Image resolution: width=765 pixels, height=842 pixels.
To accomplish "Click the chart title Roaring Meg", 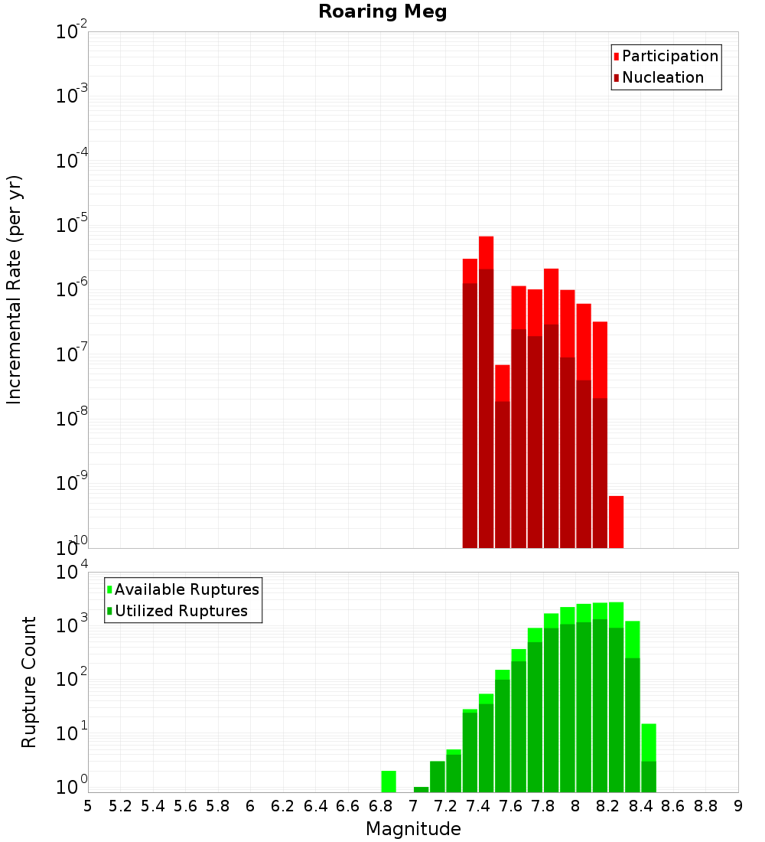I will coord(382,12).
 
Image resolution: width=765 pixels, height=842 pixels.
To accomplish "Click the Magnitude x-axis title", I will coord(413,829).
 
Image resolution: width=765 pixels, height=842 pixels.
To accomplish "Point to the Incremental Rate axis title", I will coord(15,289).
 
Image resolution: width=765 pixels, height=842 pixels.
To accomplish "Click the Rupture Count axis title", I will coord(29,682).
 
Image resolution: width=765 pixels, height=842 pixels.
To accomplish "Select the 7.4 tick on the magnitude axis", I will coord(478,806).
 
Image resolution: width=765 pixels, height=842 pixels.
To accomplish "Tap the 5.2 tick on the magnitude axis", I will coord(121,806).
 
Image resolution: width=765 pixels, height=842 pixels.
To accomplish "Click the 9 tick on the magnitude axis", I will coord(738,806).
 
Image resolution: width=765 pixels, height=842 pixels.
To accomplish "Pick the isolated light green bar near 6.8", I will coord(389,782).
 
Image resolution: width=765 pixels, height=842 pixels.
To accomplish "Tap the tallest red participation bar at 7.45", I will coord(486,253).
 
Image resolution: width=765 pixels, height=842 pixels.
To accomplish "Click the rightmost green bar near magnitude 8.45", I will coord(648,758).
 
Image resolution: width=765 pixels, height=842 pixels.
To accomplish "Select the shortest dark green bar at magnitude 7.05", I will coord(421,789).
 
